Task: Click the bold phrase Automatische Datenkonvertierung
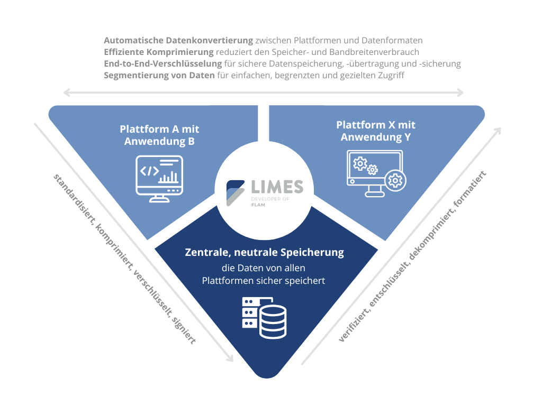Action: pyautogui.click(x=179, y=40)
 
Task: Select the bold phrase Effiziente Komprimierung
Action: pyautogui.click(x=159, y=52)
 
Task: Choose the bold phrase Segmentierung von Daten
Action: pyautogui.click(x=159, y=75)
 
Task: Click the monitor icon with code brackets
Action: pyautogui.click(x=159, y=178)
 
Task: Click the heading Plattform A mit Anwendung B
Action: pyautogui.click(x=159, y=135)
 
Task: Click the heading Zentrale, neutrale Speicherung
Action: pyautogui.click(x=264, y=253)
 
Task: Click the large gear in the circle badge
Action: pyautogui.click(x=395, y=181)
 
